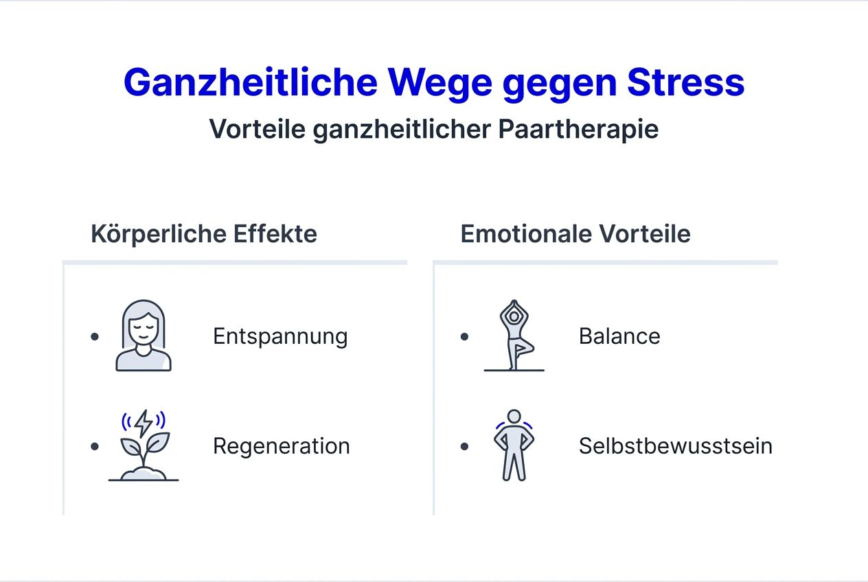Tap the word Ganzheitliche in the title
(251, 82)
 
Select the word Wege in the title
(440, 82)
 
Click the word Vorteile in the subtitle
(258, 129)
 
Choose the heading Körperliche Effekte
(204, 234)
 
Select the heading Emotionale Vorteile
(575, 234)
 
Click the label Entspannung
(280, 336)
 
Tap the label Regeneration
(282, 446)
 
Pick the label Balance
(619, 336)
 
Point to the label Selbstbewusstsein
(676, 446)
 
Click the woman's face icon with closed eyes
(143, 336)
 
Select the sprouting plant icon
(144, 453)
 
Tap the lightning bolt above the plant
(144, 423)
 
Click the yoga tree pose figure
(514, 336)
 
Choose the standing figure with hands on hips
(514, 445)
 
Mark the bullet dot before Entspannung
(95, 336)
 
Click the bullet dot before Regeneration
(95, 446)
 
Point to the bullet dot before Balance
(465, 336)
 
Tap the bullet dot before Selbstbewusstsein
(465, 446)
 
